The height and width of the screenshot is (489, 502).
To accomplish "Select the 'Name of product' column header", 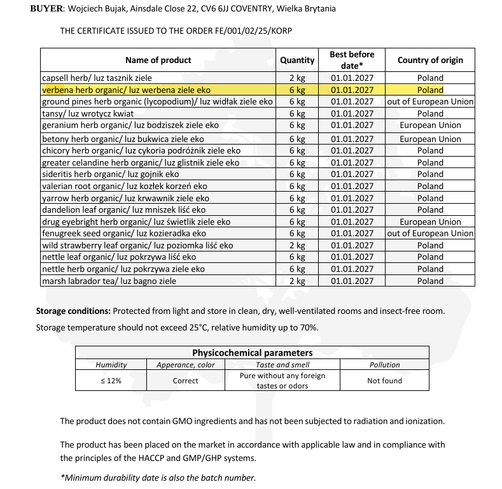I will (x=158, y=60).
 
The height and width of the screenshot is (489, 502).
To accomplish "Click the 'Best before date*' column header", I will (x=352, y=60).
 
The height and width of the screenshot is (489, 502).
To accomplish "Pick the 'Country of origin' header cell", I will (x=430, y=60).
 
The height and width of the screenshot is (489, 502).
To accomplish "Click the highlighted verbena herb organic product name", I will (x=126, y=90).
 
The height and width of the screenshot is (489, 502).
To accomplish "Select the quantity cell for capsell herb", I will (x=297, y=78).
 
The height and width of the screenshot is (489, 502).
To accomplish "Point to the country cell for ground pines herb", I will (x=430, y=102).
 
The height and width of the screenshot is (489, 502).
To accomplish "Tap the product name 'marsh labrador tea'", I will (x=109, y=281).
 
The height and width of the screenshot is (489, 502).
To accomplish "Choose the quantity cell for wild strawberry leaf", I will (x=297, y=245).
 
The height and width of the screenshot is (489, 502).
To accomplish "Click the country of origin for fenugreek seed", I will (x=430, y=233).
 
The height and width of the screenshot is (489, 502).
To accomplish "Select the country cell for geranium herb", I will (x=430, y=125).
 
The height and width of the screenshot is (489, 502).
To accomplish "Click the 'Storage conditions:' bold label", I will (x=73, y=311).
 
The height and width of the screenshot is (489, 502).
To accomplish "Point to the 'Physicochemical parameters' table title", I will (x=252, y=353).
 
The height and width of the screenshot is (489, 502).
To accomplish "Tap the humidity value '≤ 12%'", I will (x=111, y=381).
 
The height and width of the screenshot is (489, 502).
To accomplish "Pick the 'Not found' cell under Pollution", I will (x=384, y=381).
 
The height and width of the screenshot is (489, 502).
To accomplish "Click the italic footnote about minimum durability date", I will (x=158, y=478).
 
